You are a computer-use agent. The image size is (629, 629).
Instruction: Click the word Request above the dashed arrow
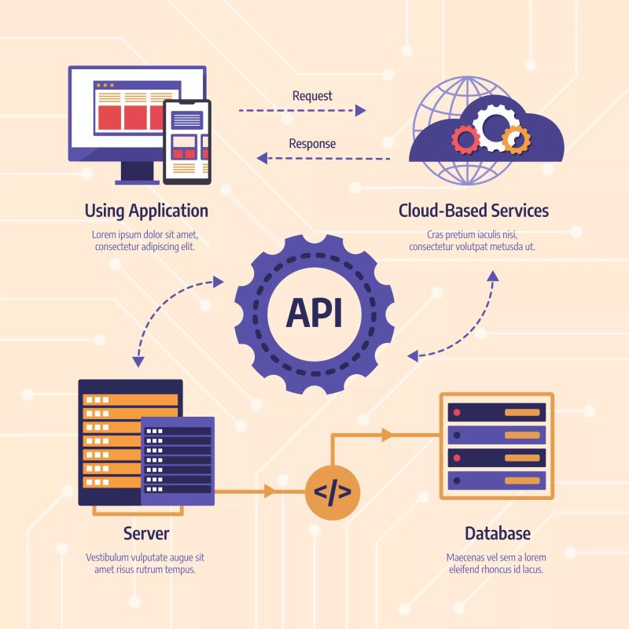pyautogui.click(x=312, y=96)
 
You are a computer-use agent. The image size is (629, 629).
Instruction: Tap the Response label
pyautogui.click(x=312, y=144)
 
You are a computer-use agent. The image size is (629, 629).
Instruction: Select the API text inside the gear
pyautogui.click(x=314, y=313)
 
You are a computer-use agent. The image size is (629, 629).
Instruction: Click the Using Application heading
pyautogui.click(x=146, y=211)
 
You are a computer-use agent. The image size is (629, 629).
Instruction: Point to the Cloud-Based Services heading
pyautogui.click(x=473, y=211)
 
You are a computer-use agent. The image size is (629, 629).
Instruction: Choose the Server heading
pyautogui.click(x=146, y=533)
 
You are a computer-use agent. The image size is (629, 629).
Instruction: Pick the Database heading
pyautogui.click(x=497, y=533)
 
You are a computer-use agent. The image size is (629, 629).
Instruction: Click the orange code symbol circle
pyautogui.click(x=332, y=493)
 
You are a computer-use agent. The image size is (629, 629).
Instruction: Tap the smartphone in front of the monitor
pyautogui.click(x=187, y=141)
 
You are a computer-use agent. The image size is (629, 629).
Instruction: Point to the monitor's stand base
pyautogui.click(x=138, y=181)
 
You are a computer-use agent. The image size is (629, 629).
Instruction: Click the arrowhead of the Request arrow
pyautogui.click(x=360, y=111)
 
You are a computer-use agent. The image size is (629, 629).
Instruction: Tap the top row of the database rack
pyautogui.click(x=496, y=412)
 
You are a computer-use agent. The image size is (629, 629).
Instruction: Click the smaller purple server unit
pyautogui.click(x=178, y=460)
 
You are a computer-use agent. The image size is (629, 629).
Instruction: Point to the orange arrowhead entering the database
pyautogui.click(x=386, y=434)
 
